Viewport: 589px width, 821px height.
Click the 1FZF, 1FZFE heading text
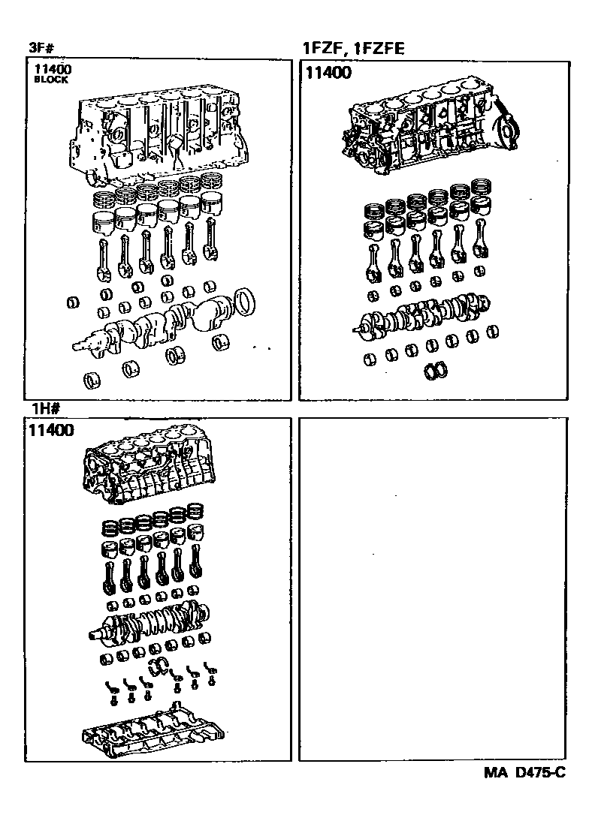[x=353, y=50]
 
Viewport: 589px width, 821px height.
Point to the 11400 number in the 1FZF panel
[x=329, y=73]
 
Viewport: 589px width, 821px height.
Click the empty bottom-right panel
[x=432, y=589]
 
